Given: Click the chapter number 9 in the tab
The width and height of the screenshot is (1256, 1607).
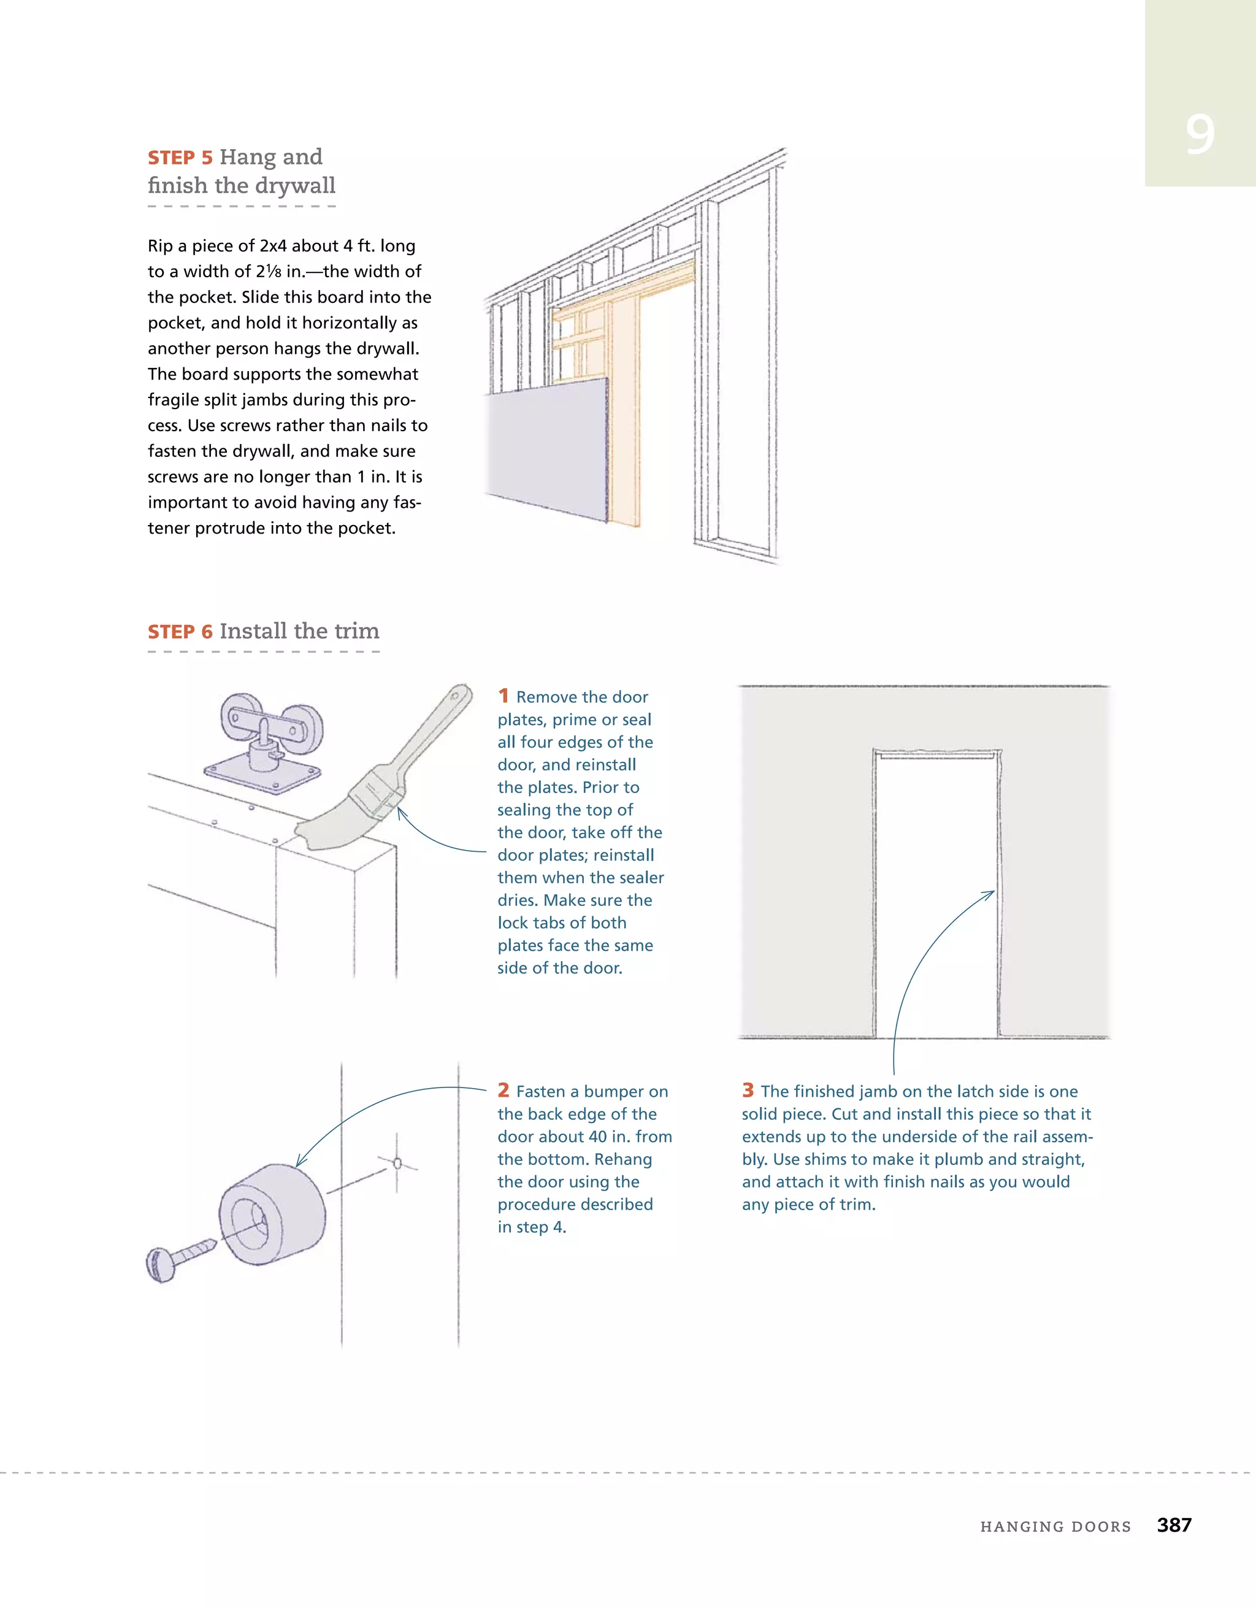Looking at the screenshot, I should (x=1200, y=135).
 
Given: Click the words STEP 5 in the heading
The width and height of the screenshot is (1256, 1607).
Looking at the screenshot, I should (x=180, y=158).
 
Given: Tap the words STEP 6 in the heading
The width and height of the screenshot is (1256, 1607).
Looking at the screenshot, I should (x=180, y=632).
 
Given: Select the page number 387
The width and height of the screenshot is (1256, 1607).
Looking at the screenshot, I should (x=1174, y=1525).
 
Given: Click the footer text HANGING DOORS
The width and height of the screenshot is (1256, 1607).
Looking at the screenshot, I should (x=1055, y=1527).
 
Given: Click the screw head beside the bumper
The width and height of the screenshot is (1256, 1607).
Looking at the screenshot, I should (x=161, y=1265).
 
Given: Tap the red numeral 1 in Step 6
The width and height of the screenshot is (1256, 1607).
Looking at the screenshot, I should (x=504, y=696).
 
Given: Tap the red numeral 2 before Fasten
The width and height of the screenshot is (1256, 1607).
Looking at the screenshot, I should (x=504, y=1090).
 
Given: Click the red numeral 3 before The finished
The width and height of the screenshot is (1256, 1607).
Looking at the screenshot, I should (x=748, y=1090).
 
